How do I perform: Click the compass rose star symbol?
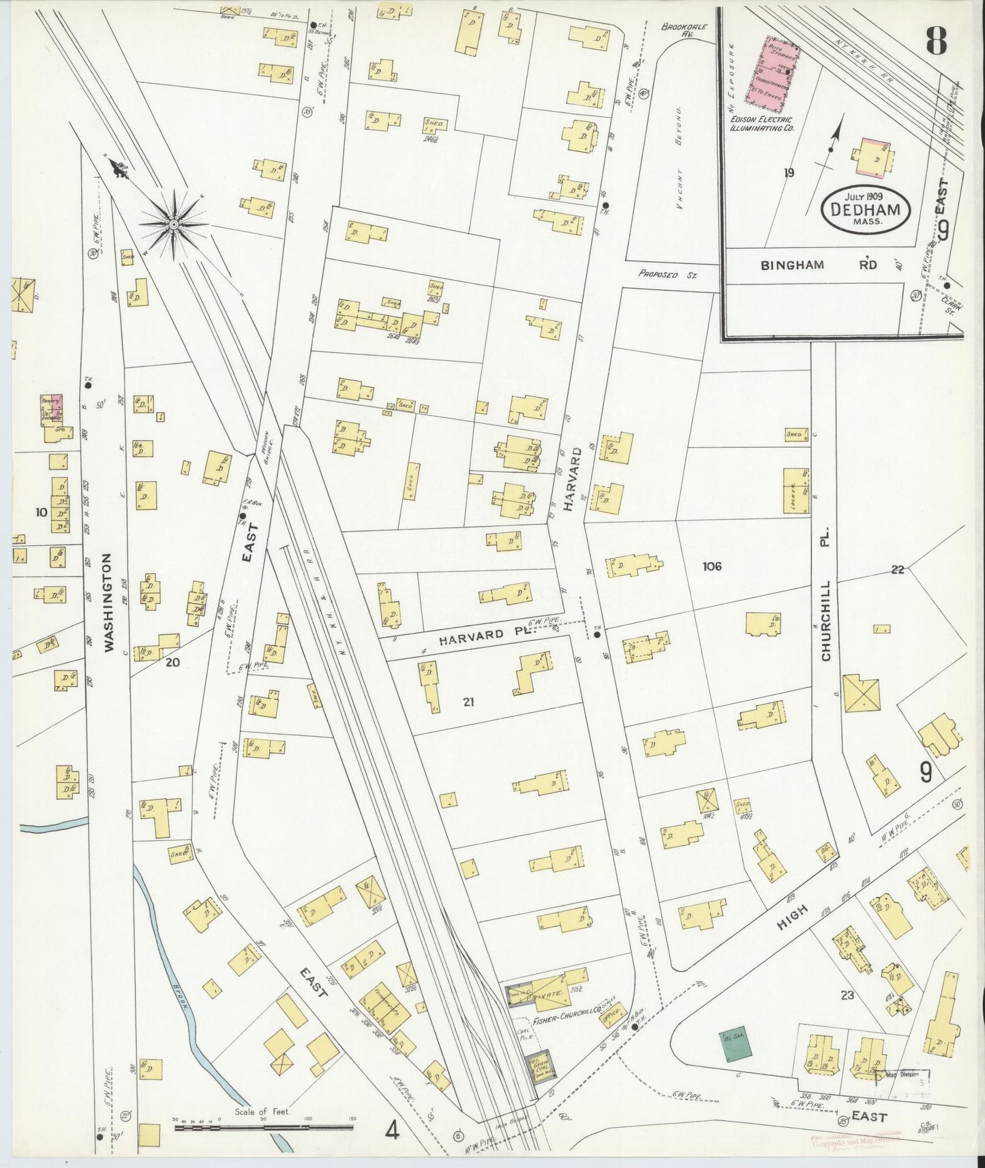coord(174,224)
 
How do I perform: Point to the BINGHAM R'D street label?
coord(818,265)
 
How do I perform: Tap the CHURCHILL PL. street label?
coord(825,620)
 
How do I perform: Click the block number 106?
coord(712,566)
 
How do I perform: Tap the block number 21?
coord(468,702)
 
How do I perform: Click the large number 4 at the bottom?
coord(392,1131)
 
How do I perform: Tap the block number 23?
coord(847,995)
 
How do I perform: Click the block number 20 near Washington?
coord(172,661)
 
